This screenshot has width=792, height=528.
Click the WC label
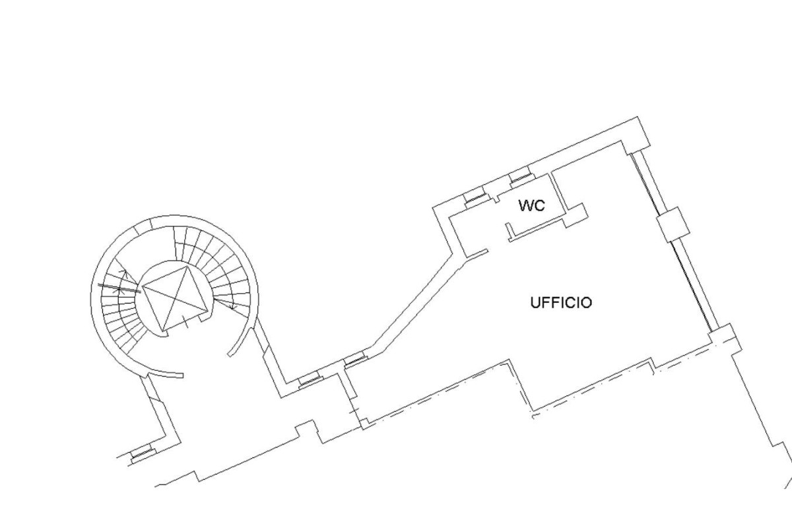tap(532, 205)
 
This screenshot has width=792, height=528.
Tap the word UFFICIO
tap(561, 303)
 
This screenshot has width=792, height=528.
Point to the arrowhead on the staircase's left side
tap(123, 273)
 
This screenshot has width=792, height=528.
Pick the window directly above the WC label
tap(521, 179)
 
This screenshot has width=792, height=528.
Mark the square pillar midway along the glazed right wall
tap(673, 225)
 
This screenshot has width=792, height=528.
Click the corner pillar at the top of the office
tap(636, 136)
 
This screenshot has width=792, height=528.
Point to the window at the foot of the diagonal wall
tap(356, 360)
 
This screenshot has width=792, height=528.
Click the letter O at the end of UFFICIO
tap(585, 303)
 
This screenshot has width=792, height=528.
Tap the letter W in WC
tap(526, 205)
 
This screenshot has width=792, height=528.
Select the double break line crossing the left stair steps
tap(119, 288)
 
